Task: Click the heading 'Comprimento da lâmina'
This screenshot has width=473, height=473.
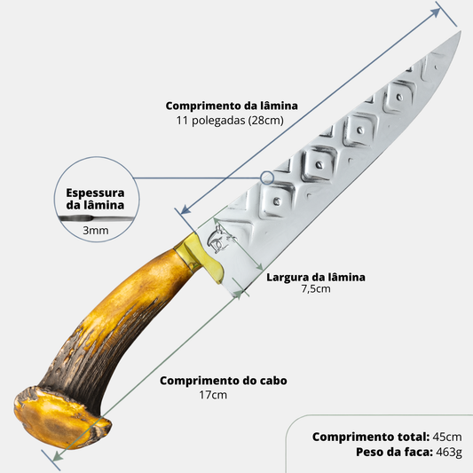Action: tap(232, 106)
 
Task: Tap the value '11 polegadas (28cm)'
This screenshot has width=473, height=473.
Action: tap(230, 121)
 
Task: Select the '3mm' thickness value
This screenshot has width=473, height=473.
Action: tap(96, 231)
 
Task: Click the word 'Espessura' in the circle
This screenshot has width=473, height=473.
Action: tap(95, 193)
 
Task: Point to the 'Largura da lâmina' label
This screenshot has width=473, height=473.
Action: tap(316, 277)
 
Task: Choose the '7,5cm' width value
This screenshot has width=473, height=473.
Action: tap(316, 289)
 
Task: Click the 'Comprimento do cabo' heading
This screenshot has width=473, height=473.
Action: tap(224, 381)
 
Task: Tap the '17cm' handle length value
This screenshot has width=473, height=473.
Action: tap(213, 395)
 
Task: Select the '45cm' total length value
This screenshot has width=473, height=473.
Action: tap(447, 437)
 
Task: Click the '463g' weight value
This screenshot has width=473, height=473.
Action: tap(449, 453)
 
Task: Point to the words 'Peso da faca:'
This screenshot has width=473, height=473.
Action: tap(394, 452)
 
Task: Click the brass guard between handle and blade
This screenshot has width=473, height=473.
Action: tap(202, 256)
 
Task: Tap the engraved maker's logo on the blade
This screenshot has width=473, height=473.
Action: tap(220, 239)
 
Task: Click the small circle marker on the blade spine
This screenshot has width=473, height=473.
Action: tap(267, 177)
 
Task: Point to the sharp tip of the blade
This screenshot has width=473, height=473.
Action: tap(461, 31)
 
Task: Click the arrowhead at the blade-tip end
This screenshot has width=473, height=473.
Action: tap(436, 12)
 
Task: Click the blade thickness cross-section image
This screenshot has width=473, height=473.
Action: tap(97, 217)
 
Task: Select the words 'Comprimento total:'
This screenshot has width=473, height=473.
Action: tap(371, 437)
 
